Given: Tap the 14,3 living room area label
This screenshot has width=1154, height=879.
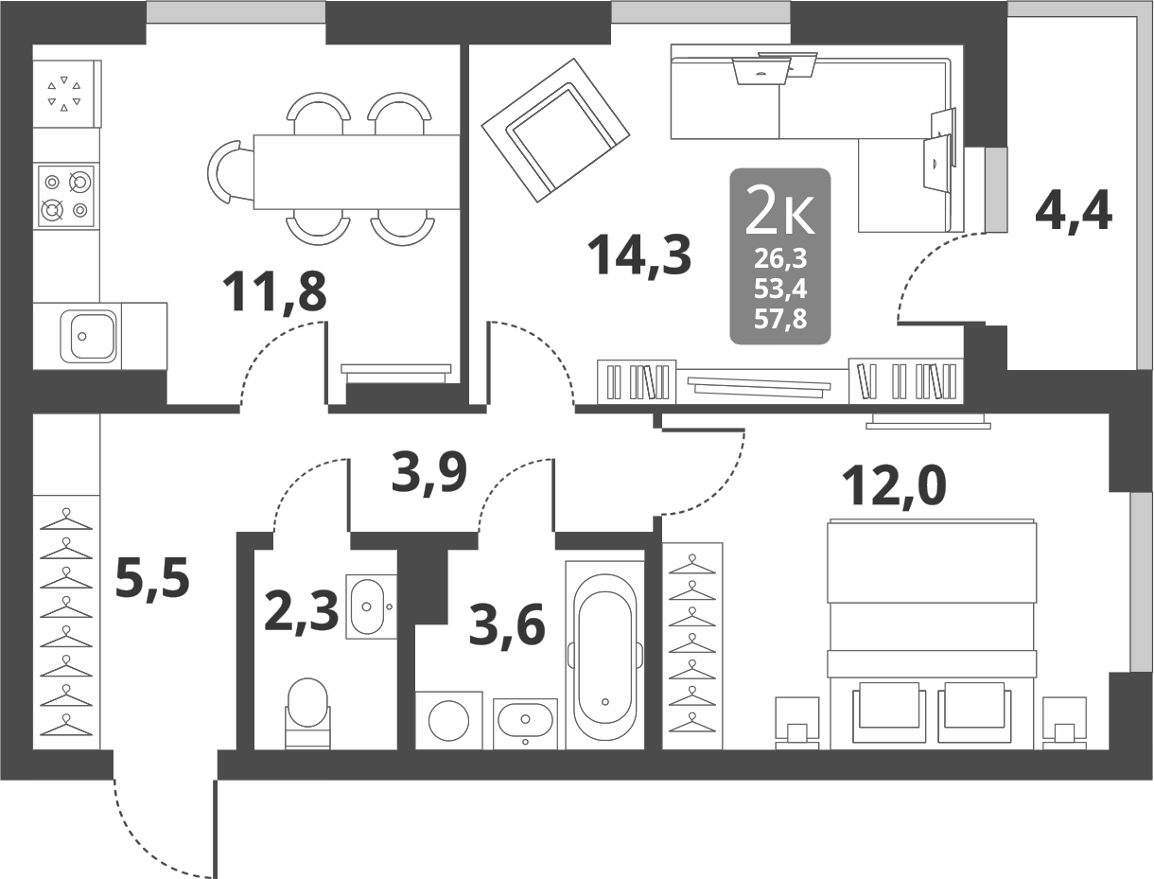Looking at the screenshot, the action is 638,256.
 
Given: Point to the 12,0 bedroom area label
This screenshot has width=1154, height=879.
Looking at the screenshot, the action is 894,487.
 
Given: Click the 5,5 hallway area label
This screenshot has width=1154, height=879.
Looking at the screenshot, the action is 152,579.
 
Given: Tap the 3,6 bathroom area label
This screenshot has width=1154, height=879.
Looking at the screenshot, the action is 507,626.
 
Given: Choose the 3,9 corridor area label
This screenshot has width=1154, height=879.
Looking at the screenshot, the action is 429,474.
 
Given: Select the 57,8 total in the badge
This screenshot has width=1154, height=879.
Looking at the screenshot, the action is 780,320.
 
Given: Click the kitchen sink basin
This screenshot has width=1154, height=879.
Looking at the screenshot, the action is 88,337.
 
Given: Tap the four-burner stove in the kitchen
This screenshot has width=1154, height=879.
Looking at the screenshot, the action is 66,196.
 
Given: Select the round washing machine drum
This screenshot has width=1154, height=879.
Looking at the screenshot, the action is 448,720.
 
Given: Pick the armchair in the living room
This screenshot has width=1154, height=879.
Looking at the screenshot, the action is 555,130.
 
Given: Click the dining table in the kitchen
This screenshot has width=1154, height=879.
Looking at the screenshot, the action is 357,172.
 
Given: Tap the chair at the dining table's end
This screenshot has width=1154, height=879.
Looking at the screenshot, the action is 230,172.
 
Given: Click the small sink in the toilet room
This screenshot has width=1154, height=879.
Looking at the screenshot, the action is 370,607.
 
